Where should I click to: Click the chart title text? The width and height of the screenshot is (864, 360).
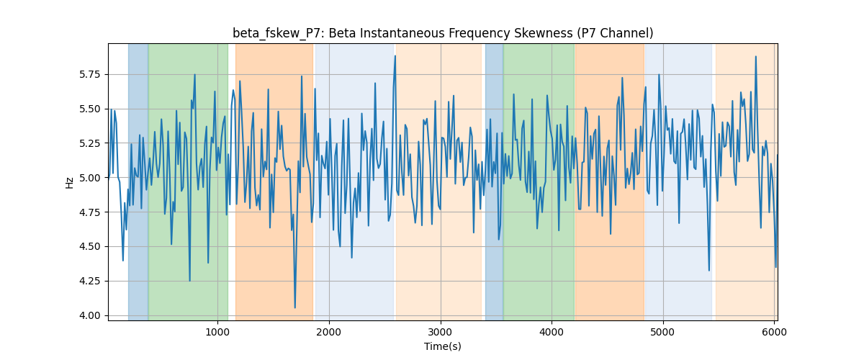click(x=443, y=33)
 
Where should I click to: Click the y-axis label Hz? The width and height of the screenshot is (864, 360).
click(x=69, y=183)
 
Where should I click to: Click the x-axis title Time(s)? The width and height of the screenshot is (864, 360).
click(x=443, y=346)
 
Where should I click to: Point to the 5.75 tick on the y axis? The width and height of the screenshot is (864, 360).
click(x=89, y=74)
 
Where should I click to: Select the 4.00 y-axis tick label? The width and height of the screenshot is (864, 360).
click(x=89, y=315)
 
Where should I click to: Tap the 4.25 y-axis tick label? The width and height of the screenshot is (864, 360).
click(x=89, y=282)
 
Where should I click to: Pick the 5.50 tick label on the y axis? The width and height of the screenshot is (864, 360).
click(x=89, y=109)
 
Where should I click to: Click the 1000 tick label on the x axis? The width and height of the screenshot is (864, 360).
click(x=217, y=332)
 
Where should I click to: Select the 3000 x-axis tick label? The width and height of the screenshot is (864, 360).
click(x=441, y=332)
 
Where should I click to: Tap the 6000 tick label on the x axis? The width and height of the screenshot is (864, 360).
click(x=775, y=332)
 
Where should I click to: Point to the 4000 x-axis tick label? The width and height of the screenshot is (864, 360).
click(x=552, y=332)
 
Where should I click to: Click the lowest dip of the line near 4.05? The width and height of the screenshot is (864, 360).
click(x=295, y=307)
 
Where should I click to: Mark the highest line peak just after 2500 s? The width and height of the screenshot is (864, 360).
click(x=395, y=56)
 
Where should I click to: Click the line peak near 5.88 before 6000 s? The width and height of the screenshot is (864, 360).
click(x=755, y=57)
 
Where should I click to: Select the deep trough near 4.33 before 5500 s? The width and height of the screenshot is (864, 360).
click(x=709, y=270)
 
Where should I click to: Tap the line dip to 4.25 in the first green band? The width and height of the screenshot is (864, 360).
click(x=190, y=281)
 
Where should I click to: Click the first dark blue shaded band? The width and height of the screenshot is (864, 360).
click(x=138, y=182)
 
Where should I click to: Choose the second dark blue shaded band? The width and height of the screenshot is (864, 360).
click(x=494, y=182)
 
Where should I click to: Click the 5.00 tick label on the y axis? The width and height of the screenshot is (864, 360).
click(x=89, y=178)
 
